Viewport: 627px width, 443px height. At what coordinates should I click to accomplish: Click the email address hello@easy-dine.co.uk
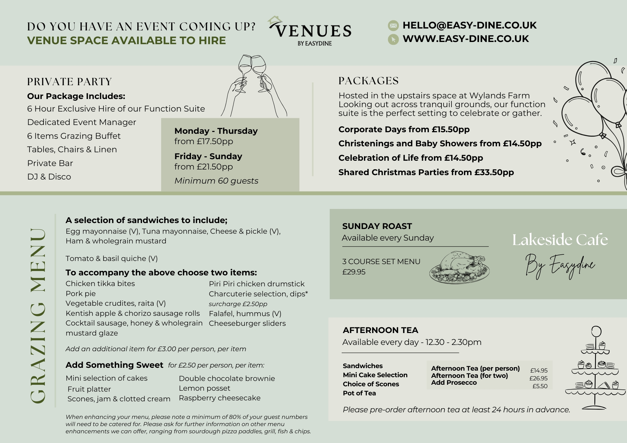469,25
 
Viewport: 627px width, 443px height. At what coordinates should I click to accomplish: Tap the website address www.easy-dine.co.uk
466,39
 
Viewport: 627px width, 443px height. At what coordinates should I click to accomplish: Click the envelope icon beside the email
393,25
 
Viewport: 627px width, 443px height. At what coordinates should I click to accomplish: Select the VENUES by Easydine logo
310,32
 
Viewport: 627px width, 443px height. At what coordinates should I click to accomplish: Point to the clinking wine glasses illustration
252,85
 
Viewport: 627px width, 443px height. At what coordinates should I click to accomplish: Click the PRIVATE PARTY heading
69,82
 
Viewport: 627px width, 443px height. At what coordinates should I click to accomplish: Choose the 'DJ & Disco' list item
49,177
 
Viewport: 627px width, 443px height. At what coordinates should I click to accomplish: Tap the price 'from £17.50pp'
204,141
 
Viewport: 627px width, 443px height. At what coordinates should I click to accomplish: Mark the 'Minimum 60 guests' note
216,181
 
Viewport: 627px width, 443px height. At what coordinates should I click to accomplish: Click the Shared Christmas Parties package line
426,172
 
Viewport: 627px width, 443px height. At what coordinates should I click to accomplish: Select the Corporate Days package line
404,129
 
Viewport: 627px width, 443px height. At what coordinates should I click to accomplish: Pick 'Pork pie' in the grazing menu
81,294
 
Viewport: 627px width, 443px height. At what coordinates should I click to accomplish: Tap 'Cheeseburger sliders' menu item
247,323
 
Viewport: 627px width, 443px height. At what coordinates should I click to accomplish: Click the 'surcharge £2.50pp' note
238,304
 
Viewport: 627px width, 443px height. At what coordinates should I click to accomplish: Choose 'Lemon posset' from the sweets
204,388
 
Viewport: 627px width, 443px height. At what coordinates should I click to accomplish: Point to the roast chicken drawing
459,268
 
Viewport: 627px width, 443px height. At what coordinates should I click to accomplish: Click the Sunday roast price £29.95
354,272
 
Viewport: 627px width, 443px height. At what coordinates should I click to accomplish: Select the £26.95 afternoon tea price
538,378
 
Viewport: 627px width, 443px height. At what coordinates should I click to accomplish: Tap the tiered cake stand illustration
595,370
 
